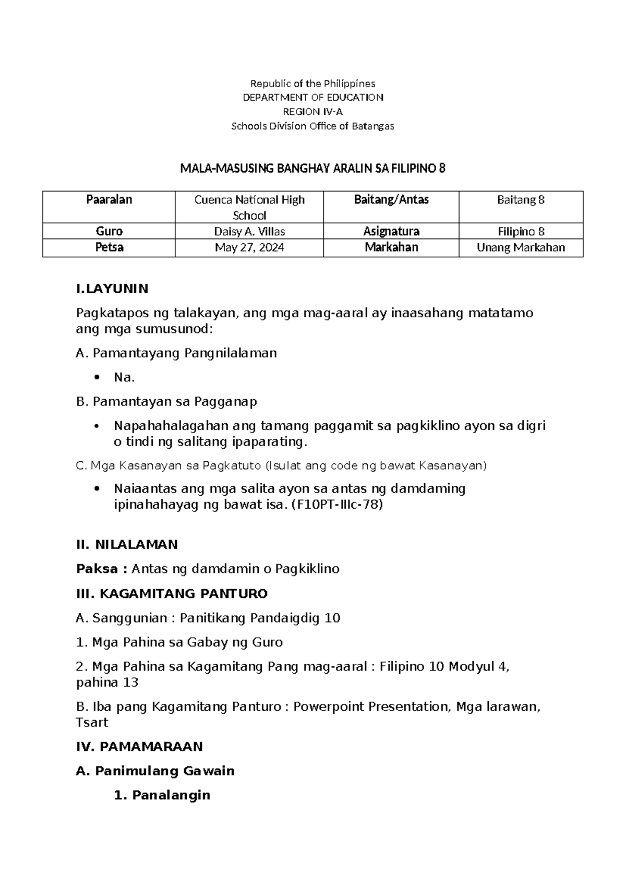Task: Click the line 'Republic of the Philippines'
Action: [312, 83]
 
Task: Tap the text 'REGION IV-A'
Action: [312, 112]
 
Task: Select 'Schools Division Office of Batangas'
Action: [312, 126]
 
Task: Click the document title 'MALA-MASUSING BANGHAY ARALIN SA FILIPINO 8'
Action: [312, 169]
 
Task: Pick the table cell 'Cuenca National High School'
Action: [249, 207]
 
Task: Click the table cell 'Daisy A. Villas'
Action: [249, 231]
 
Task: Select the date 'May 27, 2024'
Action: [249, 247]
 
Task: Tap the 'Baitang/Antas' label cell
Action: [391, 199]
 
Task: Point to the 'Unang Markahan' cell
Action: [521, 247]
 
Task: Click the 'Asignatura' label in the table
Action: [391, 231]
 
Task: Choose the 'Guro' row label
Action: [109, 231]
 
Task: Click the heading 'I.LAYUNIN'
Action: [112, 289]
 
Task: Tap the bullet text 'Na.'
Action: [124, 377]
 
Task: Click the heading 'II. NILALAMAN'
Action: [127, 544]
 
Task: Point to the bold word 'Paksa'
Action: [97, 569]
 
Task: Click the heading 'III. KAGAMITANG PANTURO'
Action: [172, 593]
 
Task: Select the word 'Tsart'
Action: [92, 723]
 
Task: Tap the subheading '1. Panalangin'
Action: [162, 795]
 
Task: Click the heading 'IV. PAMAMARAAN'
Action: [139, 747]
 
